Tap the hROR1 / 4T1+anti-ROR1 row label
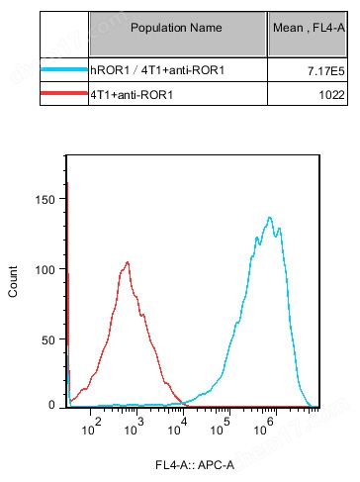(x=148, y=71)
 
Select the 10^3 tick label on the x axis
(x=139, y=423)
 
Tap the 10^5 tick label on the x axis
(x=225, y=423)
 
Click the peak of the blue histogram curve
(x=269, y=217)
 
